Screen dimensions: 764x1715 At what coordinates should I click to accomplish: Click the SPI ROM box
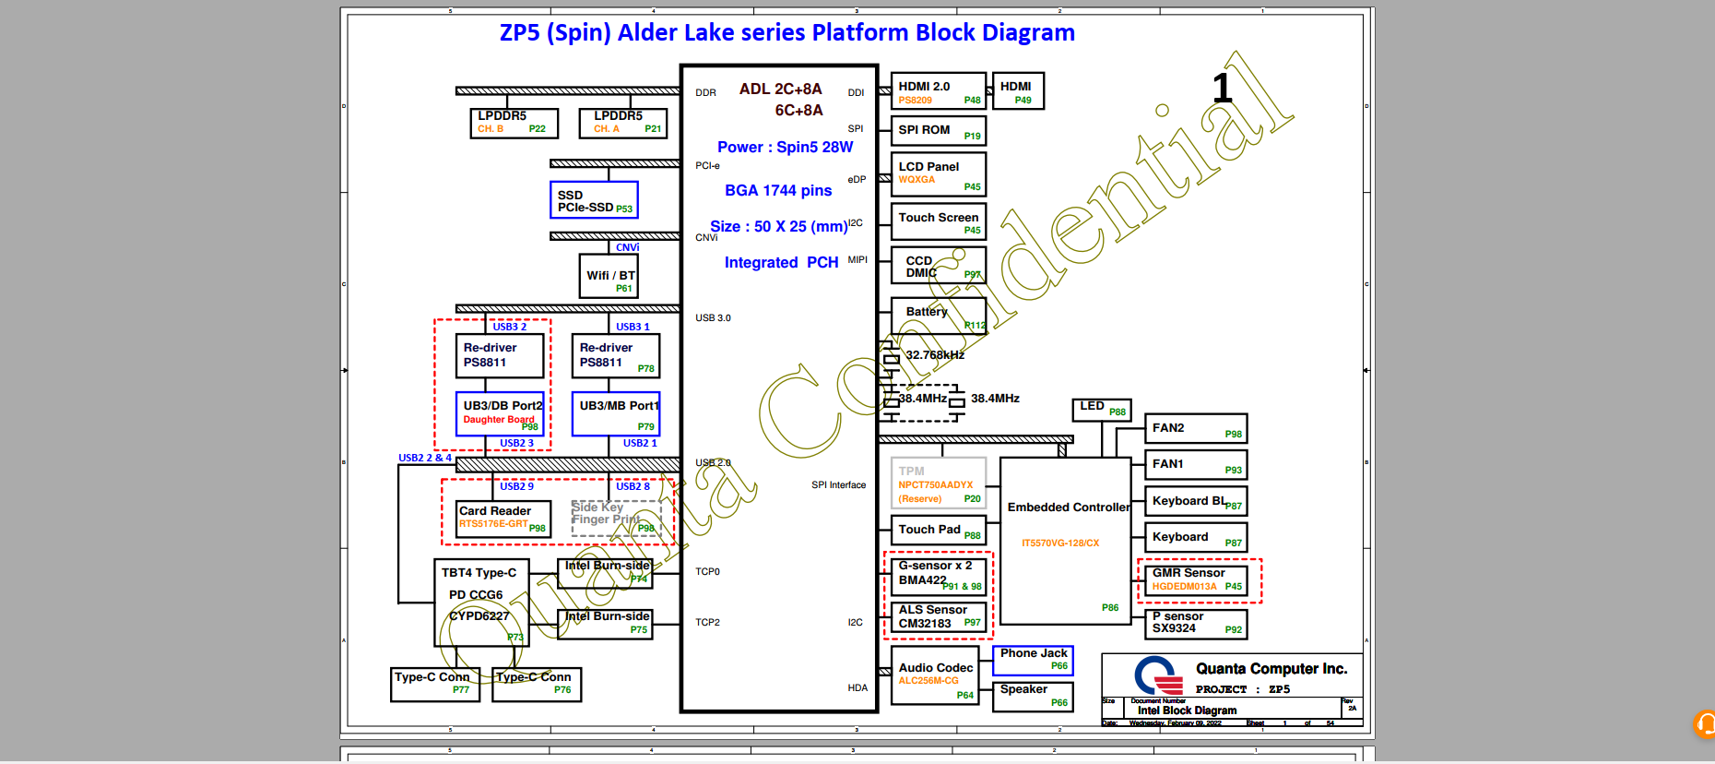tap(938, 131)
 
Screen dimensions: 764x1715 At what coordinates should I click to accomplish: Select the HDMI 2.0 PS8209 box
tap(938, 91)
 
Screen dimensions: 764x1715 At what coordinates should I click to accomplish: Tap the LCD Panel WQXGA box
tap(938, 173)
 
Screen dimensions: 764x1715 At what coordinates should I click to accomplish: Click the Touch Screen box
tap(938, 221)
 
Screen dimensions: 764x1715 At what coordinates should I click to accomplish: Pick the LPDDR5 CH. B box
tap(514, 123)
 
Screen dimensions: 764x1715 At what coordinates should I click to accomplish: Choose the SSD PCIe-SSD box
tap(594, 200)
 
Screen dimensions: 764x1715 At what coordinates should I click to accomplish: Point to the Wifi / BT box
tap(609, 277)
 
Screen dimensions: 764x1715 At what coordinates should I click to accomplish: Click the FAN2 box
tap(1195, 429)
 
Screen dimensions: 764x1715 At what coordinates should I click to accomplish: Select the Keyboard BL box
tap(1195, 502)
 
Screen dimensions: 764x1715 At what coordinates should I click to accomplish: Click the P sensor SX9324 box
tap(1195, 624)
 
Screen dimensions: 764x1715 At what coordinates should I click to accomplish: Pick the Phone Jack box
tap(1033, 660)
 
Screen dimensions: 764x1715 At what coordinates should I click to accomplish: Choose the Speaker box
tap(1033, 696)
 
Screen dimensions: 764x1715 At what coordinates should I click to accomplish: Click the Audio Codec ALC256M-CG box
tap(935, 674)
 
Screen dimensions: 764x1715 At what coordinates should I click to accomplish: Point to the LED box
tap(1101, 409)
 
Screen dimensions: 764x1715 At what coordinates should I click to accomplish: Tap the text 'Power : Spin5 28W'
tap(785, 147)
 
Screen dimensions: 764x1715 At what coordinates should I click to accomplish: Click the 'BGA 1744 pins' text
tap(778, 190)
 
